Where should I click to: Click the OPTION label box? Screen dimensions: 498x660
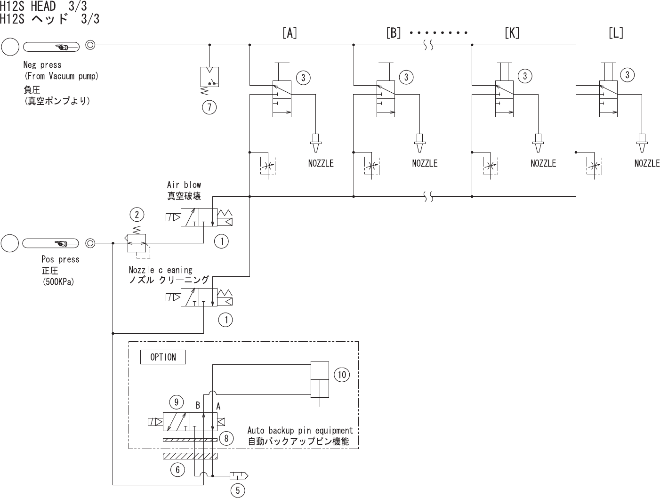coord(163,357)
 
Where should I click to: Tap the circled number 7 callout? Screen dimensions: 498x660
coord(209,108)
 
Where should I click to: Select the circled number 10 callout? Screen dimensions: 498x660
coord(342,375)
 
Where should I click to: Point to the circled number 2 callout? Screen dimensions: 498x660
coord(137,215)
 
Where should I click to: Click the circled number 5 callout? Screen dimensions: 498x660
coord(237,490)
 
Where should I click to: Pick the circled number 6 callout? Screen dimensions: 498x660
coord(177,469)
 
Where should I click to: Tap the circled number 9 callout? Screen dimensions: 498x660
coord(176,402)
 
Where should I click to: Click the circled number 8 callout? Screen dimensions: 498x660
coord(226,439)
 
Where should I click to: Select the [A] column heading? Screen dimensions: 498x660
coord(290,33)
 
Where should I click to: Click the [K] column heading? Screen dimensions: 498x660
coord(512,33)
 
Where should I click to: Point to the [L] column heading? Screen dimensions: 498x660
coord(616,33)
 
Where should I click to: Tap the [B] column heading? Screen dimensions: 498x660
coord(393,33)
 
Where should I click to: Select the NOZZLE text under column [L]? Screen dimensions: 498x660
coord(647,163)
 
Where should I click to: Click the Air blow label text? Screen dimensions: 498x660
coord(184,185)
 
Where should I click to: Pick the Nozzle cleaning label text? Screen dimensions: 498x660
coord(161,270)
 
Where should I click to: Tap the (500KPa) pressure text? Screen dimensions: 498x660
coord(58,282)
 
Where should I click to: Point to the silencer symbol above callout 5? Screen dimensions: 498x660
coord(238,476)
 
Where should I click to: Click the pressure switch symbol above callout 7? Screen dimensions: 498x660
coord(209,77)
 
